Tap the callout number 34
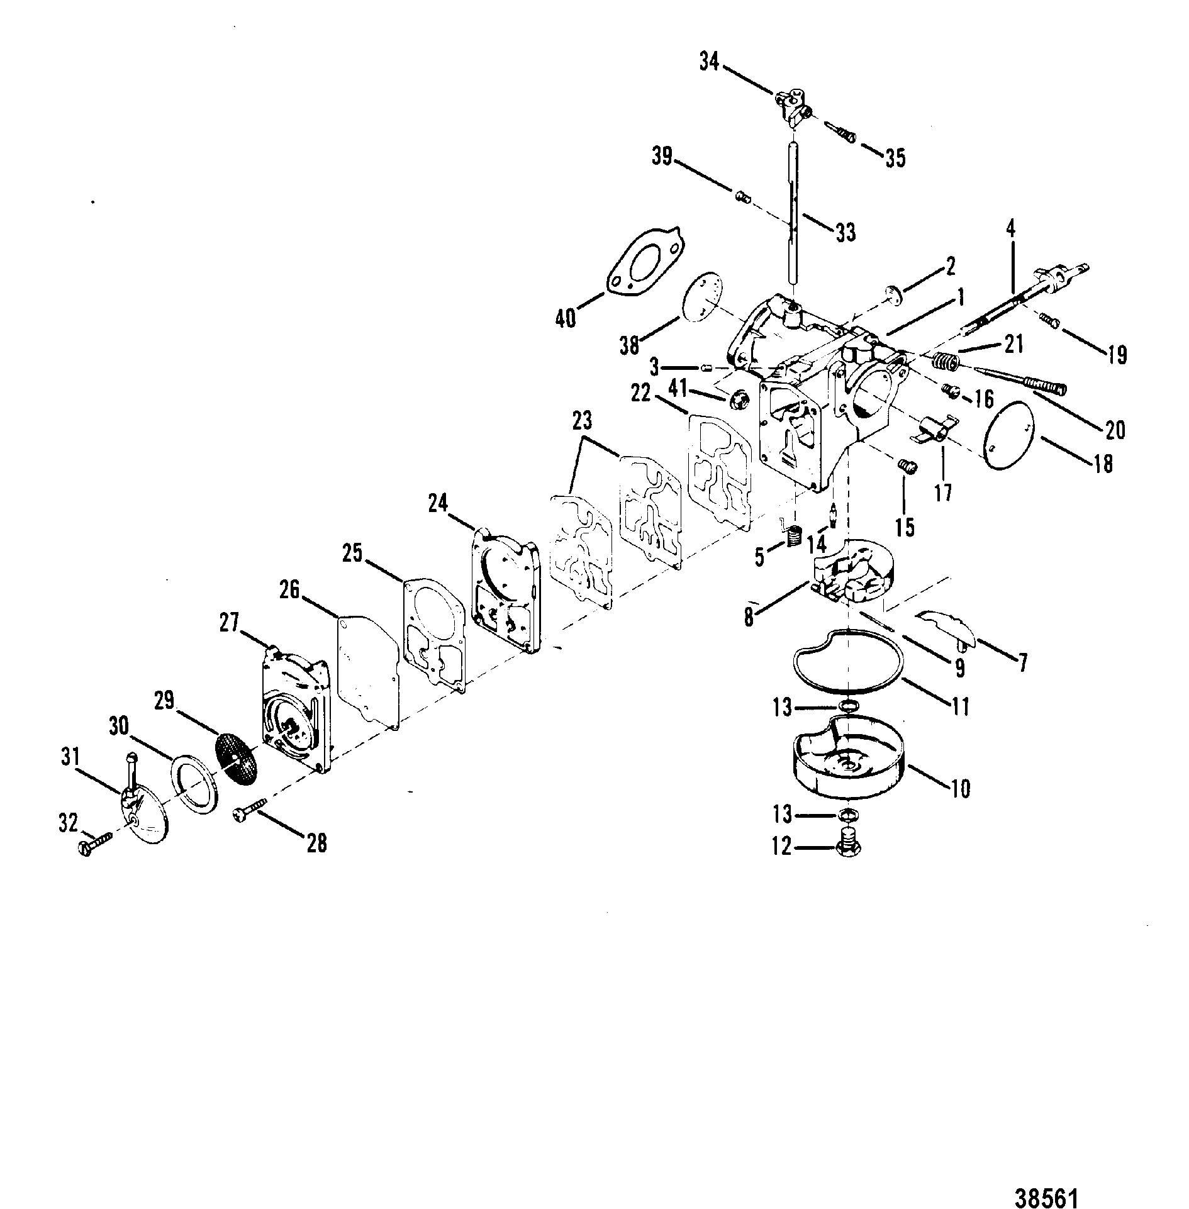point(709,62)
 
